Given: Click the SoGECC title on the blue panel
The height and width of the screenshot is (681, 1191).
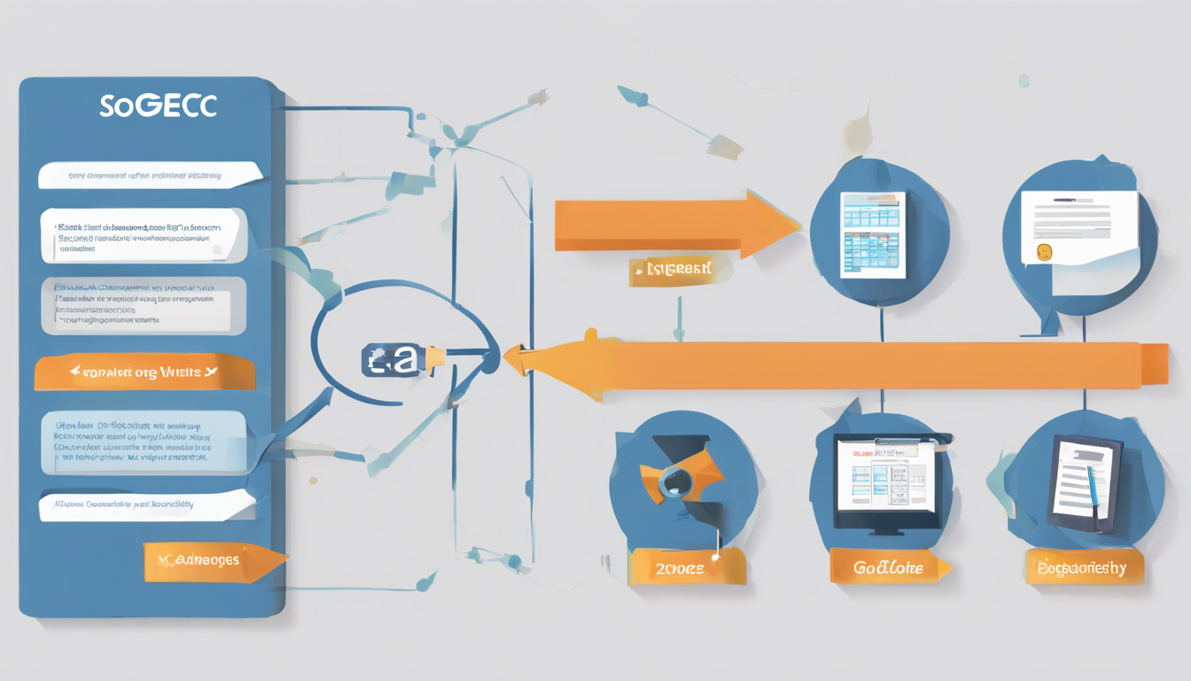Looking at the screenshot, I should pyautogui.click(x=158, y=106).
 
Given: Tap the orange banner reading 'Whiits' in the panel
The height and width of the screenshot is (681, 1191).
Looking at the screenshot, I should pyautogui.click(x=144, y=373).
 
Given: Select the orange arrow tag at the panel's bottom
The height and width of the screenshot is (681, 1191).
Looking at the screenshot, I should pyautogui.click(x=213, y=561).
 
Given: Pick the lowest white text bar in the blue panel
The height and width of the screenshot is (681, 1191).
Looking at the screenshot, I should pyautogui.click(x=146, y=505).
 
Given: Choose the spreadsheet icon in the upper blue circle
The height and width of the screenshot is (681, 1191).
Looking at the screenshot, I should pyautogui.click(x=874, y=234).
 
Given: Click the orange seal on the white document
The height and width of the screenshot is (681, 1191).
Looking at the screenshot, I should pyautogui.click(x=1043, y=253).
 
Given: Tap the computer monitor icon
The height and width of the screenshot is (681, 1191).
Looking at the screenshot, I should pyautogui.click(x=884, y=481).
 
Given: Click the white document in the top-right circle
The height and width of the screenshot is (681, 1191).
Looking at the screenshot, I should pyautogui.click(x=1080, y=226).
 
